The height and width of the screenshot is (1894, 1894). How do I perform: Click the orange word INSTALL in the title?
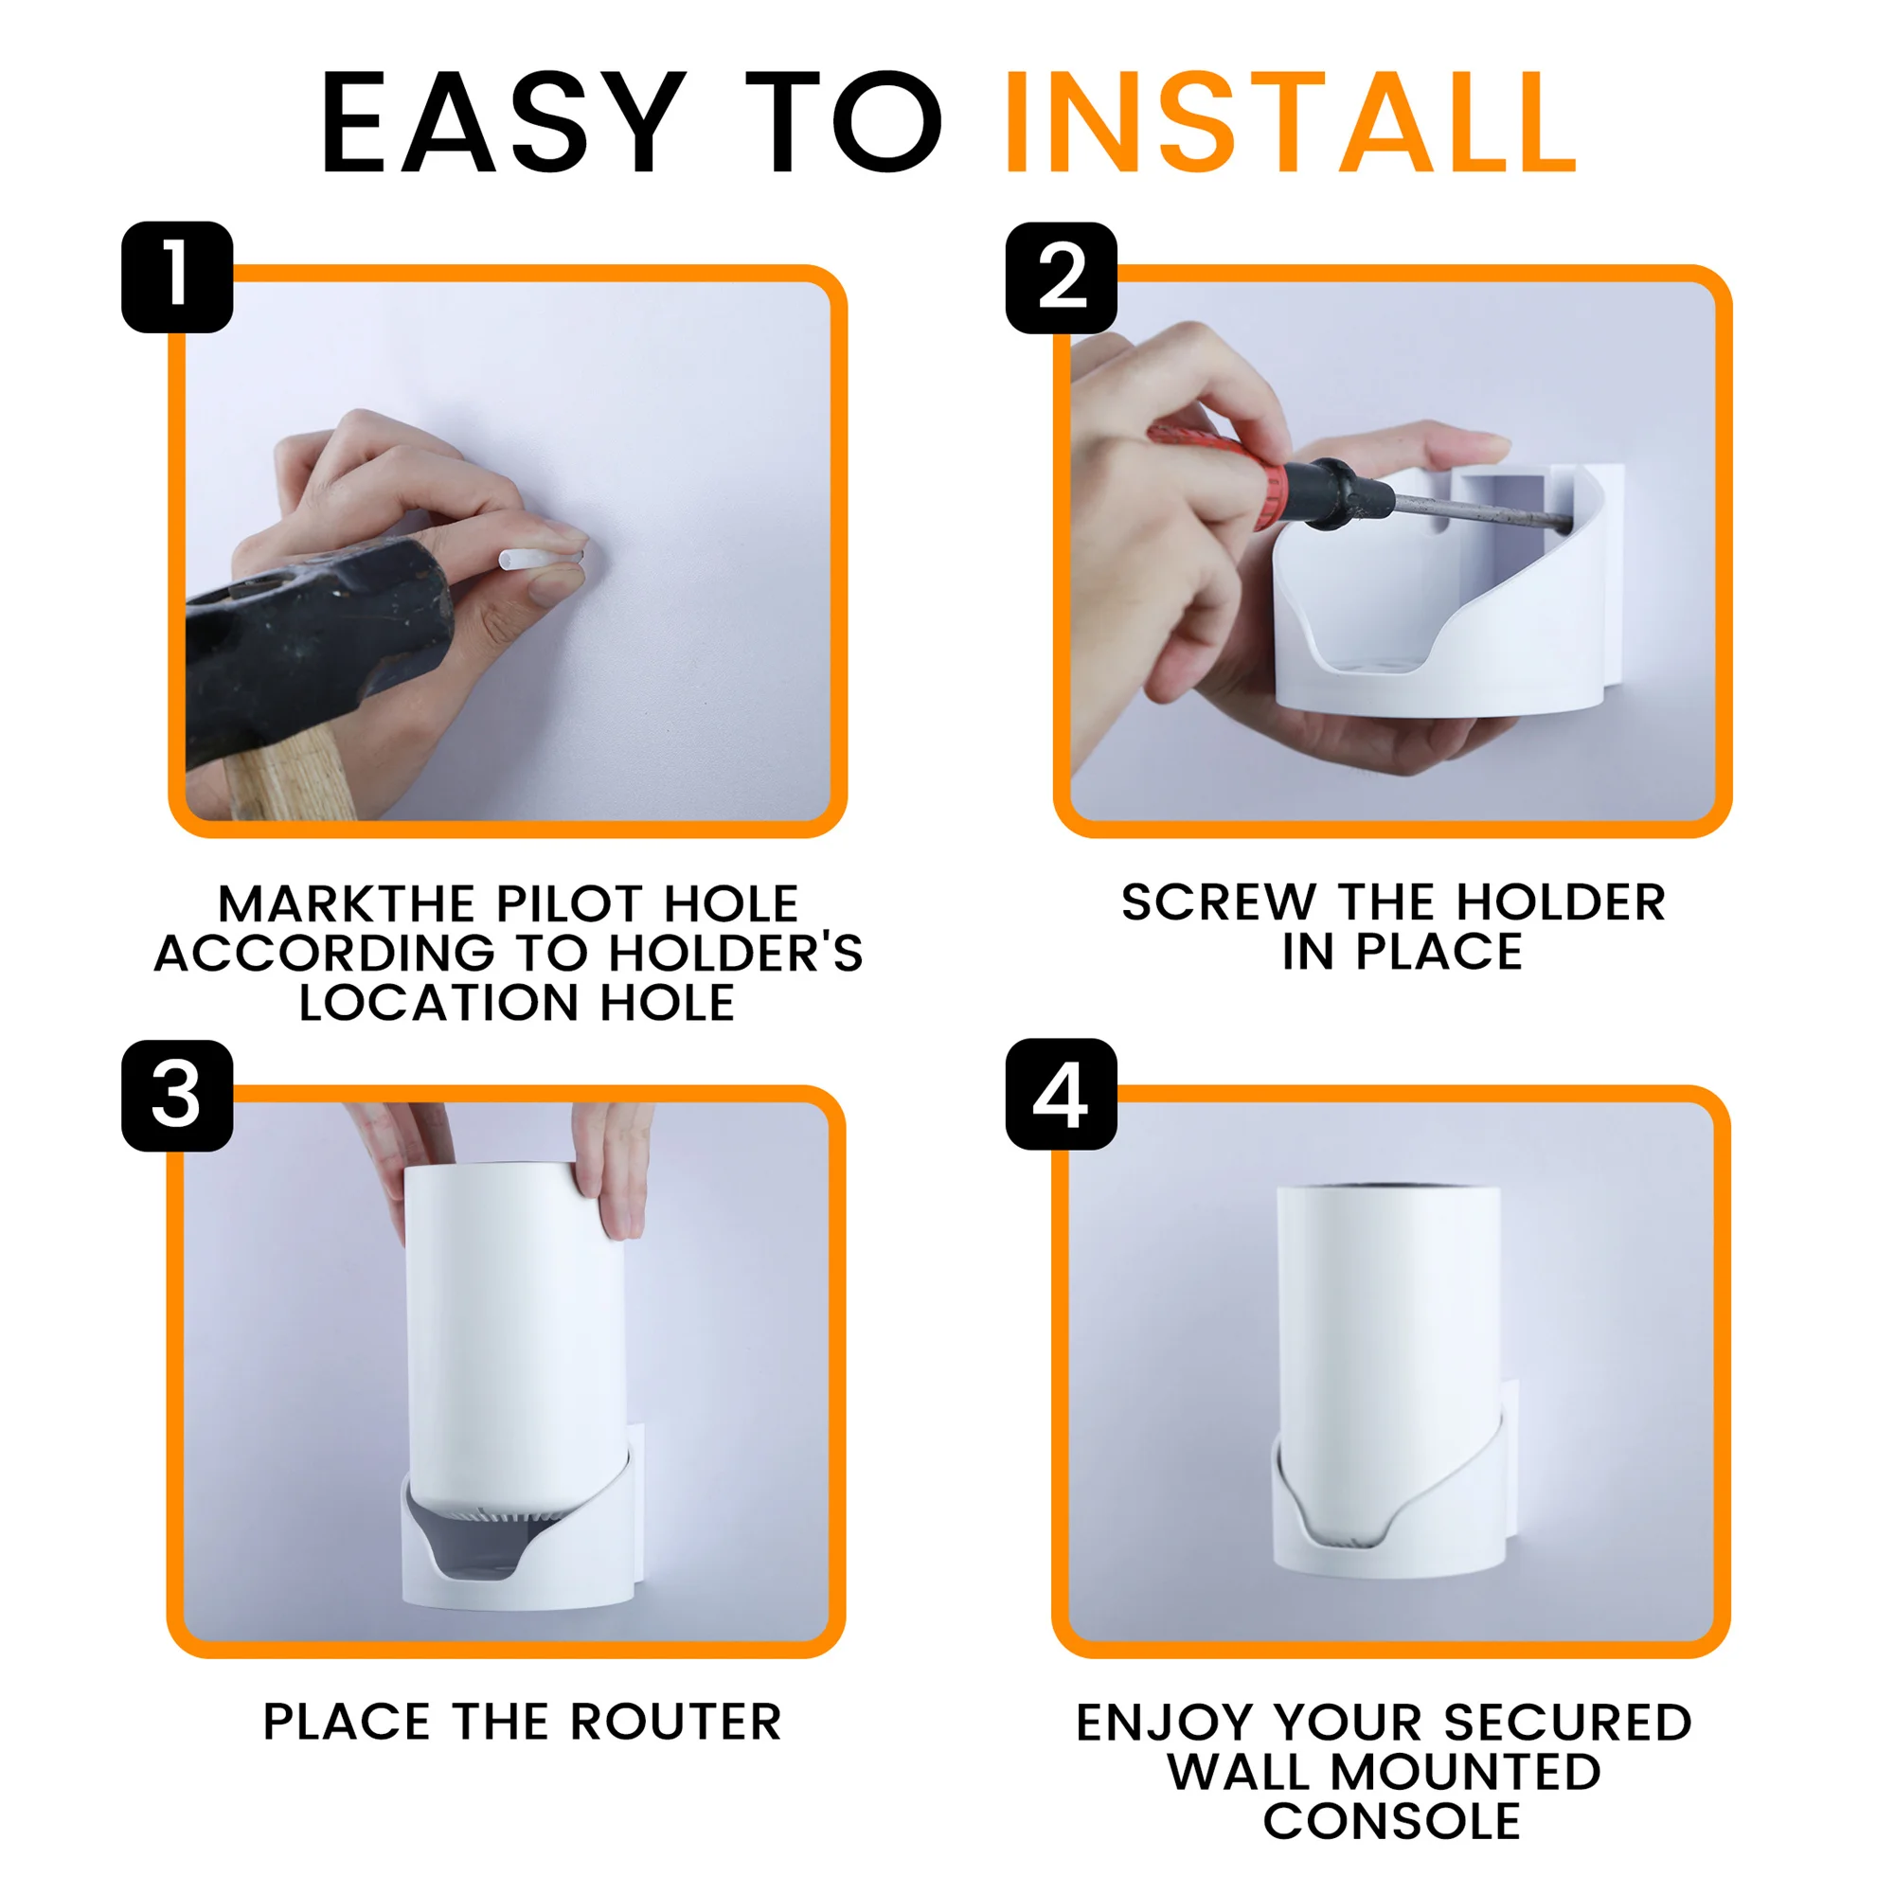[1291, 122]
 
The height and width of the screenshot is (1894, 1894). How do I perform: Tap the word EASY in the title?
[503, 122]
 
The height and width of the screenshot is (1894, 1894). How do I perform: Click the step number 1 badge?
[177, 277]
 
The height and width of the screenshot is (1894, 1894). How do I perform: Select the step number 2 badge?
[1062, 277]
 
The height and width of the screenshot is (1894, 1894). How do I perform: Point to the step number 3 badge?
[177, 1095]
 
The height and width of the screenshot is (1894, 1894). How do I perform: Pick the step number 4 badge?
[1062, 1094]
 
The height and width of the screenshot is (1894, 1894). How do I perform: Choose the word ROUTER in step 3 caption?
[675, 1722]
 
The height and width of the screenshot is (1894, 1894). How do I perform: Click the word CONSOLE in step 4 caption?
[1391, 1820]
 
